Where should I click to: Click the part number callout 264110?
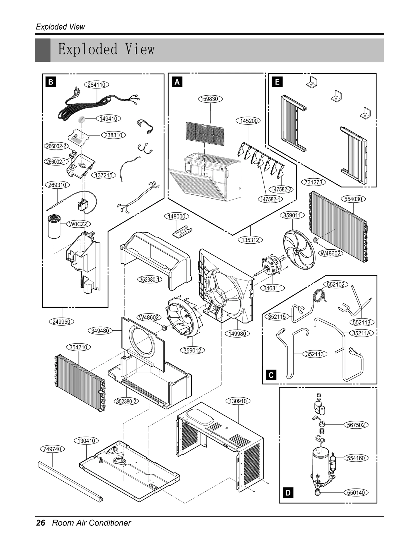tap(96, 85)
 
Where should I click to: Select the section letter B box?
tap(51, 82)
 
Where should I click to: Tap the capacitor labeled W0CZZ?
tap(54, 227)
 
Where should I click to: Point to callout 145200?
tap(249, 121)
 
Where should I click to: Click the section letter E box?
tap(277, 82)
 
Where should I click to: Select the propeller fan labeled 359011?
tap(299, 249)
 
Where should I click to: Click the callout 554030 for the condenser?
tap(353, 199)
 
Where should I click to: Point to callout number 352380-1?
tap(150, 279)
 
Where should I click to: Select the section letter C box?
tap(271, 375)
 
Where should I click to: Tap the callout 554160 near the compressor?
tap(356, 458)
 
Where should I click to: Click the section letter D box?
tap(288, 493)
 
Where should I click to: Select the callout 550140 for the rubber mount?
tap(356, 492)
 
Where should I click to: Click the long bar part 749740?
tap(70, 482)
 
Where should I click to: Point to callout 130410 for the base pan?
tap(86, 441)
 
